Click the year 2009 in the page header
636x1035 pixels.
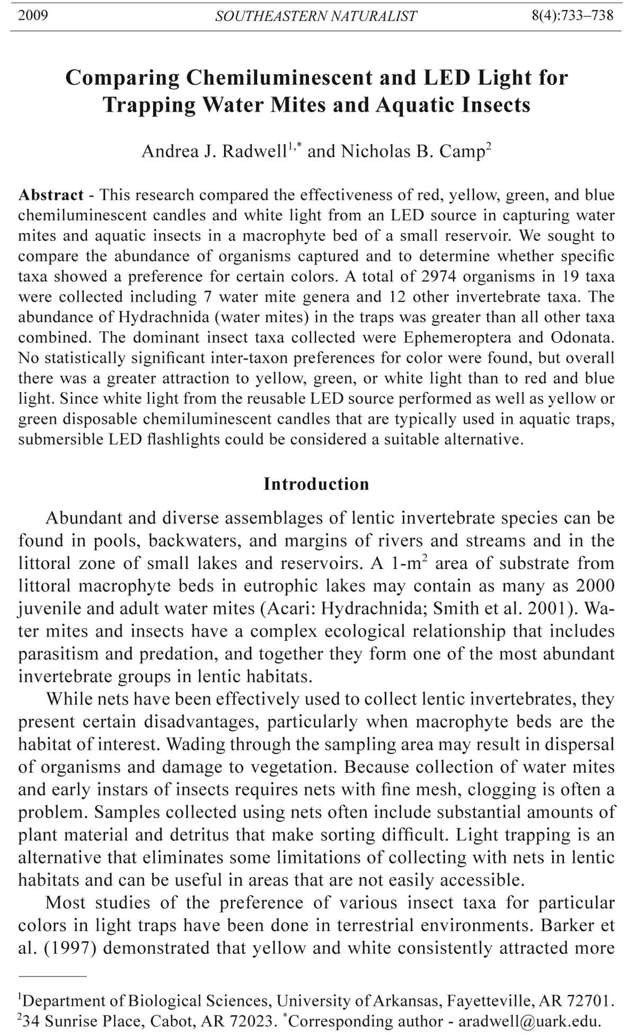click(x=33, y=15)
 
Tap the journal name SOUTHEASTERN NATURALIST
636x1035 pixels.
click(x=316, y=16)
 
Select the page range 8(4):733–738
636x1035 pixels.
click(x=572, y=15)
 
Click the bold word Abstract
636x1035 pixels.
click(x=51, y=195)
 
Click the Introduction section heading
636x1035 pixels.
click(x=316, y=484)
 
